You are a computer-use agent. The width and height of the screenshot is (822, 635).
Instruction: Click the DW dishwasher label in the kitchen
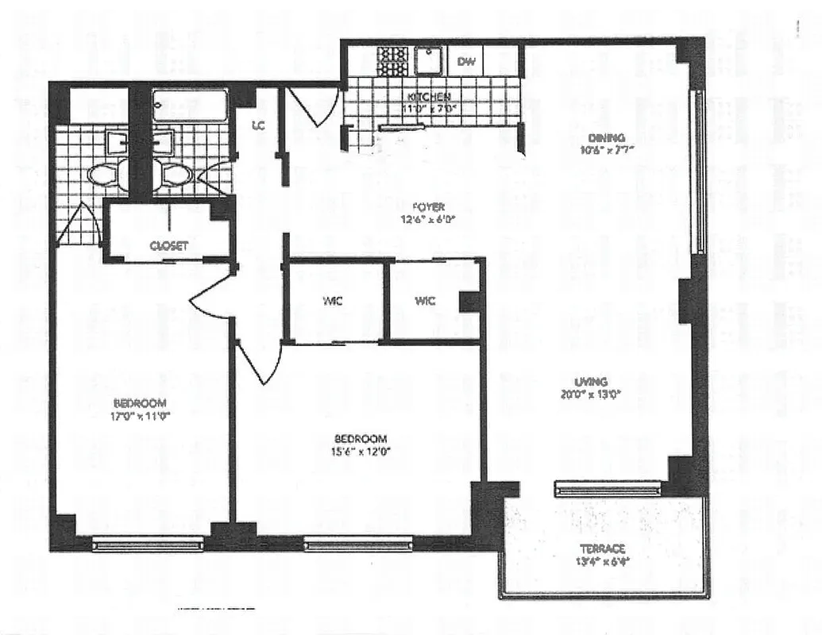(466, 61)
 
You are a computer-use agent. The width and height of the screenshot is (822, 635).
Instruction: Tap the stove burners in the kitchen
(392, 60)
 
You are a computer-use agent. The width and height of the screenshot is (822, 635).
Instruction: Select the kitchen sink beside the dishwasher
(430, 60)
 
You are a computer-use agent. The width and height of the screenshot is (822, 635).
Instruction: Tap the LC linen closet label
(258, 125)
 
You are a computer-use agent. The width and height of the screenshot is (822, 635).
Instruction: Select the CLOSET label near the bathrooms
(168, 246)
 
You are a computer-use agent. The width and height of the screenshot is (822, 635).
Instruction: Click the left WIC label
(333, 302)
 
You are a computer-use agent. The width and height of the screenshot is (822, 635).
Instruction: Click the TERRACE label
(602, 548)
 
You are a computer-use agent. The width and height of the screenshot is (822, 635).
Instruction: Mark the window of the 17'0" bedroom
(148, 545)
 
